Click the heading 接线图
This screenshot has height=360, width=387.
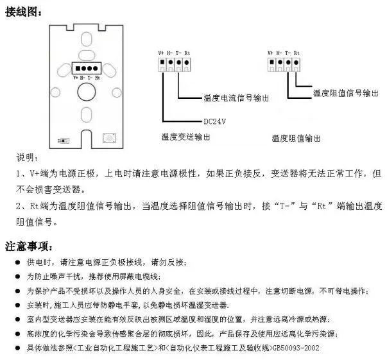pos(23,12)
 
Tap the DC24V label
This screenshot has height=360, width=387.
pos(215,121)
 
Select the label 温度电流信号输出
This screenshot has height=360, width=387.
pos(236,98)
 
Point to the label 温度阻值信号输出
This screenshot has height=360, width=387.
pos(345,93)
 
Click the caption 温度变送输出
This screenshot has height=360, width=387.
pos(185,137)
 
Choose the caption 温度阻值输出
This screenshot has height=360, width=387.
pos(296,138)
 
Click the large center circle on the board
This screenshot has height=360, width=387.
pos(87,92)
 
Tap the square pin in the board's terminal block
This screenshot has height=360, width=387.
pos(78,69)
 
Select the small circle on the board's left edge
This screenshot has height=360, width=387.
pos(55,92)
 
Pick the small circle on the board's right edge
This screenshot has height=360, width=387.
pos(117,92)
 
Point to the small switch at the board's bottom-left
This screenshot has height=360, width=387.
pos(64,141)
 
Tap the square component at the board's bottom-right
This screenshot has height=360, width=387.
pos(109,138)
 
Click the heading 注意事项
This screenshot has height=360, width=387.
pos(29,246)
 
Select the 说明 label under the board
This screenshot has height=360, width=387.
pos(27,157)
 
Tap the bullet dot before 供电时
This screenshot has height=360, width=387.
pos(17,262)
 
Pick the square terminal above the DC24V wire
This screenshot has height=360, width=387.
pos(162,62)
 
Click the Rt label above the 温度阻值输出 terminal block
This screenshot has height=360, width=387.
pos(297,53)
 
